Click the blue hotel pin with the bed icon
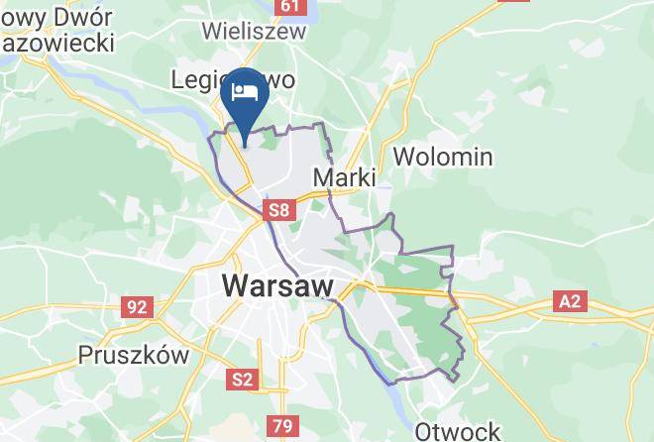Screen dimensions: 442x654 pos(244,97)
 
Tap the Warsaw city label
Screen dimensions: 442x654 pos(277,285)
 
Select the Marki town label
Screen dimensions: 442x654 pos(344,177)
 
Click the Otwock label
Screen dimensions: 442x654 pos(457,431)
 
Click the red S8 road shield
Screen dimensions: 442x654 pos(278,210)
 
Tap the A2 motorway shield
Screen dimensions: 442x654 pos(570,300)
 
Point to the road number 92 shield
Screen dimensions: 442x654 pos(136,306)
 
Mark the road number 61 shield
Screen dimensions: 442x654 pos(288,6)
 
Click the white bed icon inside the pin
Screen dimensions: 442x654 pos(244,93)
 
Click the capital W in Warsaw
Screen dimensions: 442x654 pos(236,285)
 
